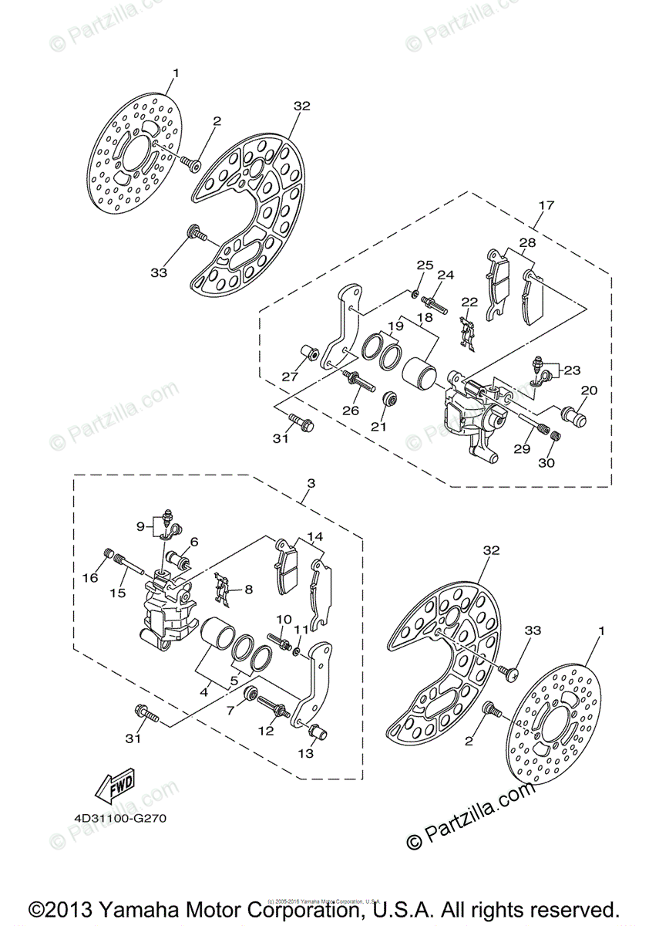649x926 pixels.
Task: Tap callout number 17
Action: pos(546,206)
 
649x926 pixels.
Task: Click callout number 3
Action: pos(311,484)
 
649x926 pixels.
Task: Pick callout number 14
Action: pos(315,536)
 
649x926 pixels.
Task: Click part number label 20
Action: pos(589,390)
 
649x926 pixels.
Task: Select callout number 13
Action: pos(306,753)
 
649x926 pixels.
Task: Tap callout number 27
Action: pos(290,377)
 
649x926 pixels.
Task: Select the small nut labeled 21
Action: pos(391,400)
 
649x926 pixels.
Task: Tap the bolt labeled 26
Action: pos(360,380)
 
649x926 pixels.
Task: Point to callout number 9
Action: pos(140,526)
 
